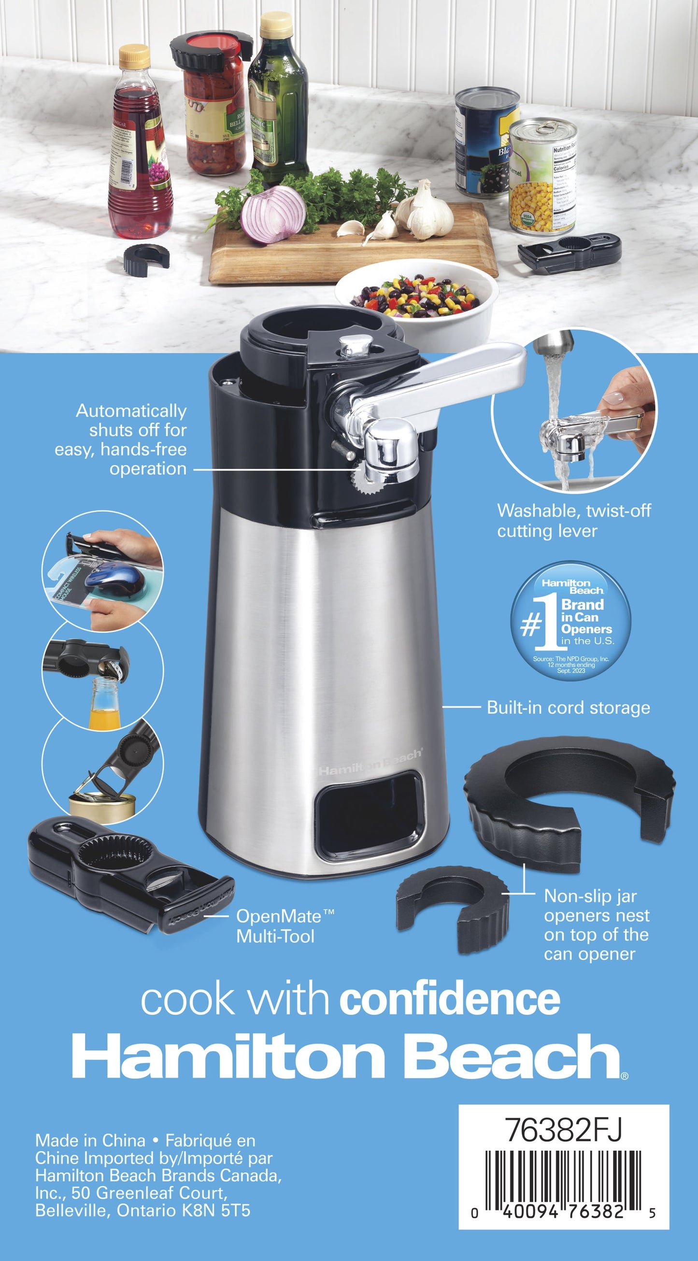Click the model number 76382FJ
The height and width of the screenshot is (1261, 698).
[563, 1130]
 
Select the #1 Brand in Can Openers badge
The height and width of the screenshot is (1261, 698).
[571, 620]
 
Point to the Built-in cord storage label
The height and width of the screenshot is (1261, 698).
[568, 708]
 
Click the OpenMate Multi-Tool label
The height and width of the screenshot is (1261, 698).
[285, 926]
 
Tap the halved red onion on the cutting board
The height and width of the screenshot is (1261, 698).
[273, 214]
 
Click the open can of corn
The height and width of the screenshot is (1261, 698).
[543, 177]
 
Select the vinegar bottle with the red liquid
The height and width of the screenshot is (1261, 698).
[140, 147]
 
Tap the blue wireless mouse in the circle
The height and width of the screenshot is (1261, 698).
[115, 578]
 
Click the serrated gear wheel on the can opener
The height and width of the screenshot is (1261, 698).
[363, 479]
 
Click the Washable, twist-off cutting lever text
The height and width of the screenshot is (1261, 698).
[574, 521]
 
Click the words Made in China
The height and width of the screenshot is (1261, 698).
[90, 1141]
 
